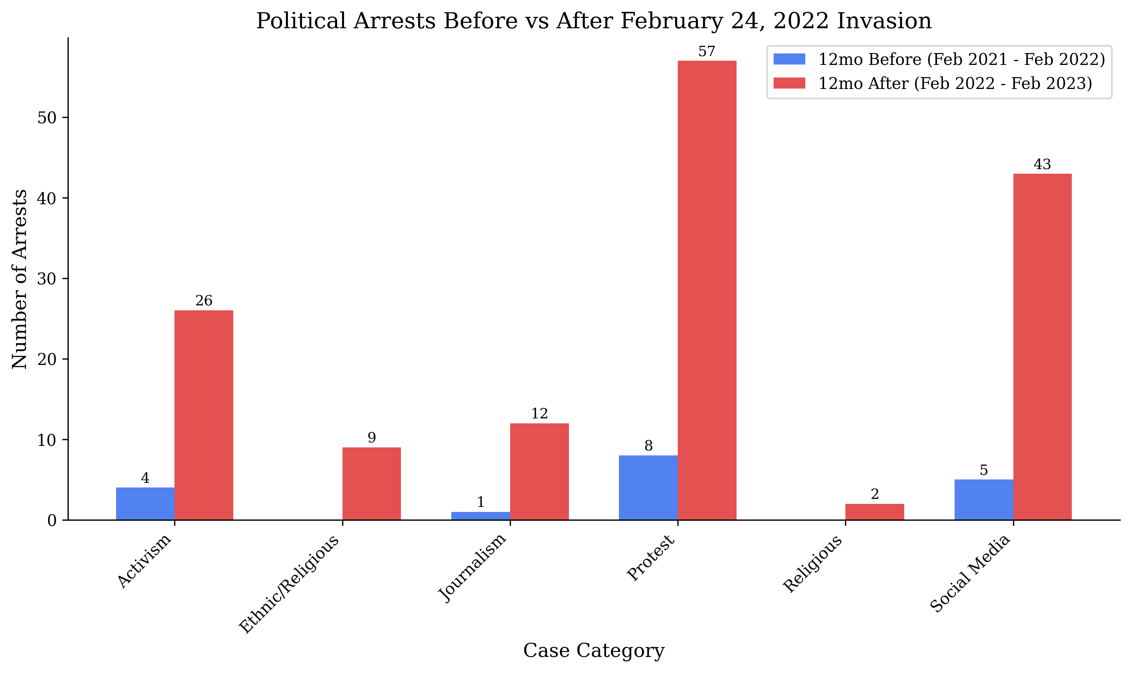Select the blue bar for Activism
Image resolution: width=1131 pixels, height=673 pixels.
(145, 504)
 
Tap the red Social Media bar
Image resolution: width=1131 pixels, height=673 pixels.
(1042, 347)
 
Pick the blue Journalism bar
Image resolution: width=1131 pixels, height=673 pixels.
(480, 516)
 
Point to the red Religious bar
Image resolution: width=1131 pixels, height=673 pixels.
(874, 512)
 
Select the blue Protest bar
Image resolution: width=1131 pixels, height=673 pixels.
(648, 487)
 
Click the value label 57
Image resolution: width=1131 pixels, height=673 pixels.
(706, 52)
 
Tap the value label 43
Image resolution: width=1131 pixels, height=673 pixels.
(1042, 165)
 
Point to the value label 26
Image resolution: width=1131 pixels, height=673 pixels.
(204, 301)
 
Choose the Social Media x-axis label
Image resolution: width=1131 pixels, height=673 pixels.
(970, 574)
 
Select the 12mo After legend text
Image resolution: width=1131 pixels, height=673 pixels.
(955, 84)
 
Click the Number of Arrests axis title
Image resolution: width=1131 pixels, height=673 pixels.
(19, 279)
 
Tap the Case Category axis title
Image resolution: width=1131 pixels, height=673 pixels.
(594, 651)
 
